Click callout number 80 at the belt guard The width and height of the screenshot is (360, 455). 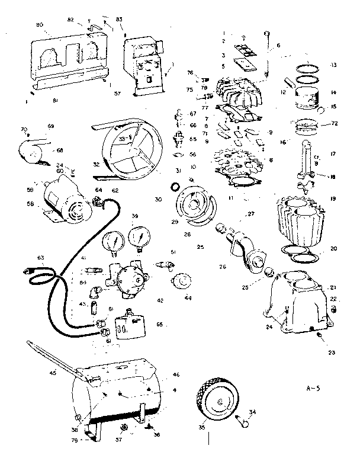tap(40, 25)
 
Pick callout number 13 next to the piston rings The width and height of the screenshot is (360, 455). tap(333, 65)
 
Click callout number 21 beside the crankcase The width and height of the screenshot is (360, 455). tap(333, 287)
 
